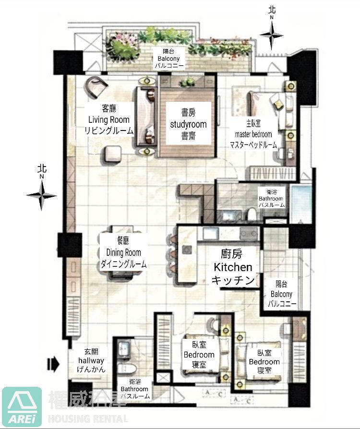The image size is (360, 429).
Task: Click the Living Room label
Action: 108,119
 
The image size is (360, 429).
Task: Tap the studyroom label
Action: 188,124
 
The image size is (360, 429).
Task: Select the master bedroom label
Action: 253,134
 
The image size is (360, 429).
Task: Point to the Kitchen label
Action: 233,267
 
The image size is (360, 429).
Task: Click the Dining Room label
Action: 123,252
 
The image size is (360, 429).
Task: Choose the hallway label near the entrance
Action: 91,360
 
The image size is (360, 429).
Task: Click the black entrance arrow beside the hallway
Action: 53,364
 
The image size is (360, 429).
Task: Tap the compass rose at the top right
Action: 272,35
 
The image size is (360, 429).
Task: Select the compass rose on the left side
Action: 42,195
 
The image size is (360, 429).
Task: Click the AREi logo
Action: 22,407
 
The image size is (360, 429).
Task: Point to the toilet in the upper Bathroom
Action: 251,214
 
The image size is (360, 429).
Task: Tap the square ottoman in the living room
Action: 112,155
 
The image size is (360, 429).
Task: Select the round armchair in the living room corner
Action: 96,87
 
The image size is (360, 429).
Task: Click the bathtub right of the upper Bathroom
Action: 300,204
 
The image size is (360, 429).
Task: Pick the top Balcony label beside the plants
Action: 168,59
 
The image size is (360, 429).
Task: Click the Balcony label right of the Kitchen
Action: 281,294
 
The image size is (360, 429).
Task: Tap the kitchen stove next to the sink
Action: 249,233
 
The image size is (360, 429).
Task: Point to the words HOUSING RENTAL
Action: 88,418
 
